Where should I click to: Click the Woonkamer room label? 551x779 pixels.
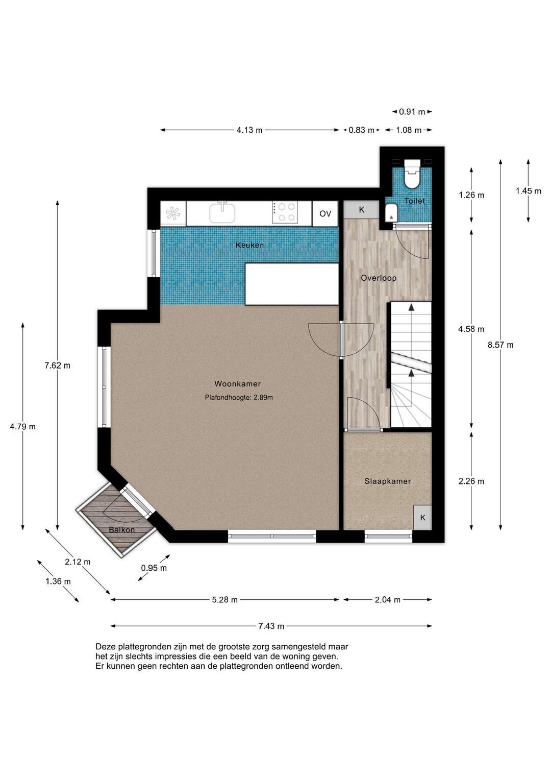237,383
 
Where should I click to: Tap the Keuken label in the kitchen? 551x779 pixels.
249,245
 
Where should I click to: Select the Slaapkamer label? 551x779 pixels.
388,481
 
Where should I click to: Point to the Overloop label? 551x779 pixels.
379,278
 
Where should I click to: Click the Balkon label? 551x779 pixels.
121,530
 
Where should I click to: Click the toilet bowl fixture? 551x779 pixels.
412,174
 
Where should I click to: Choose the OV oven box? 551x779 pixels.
325,213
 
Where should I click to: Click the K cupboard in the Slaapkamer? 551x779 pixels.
422,518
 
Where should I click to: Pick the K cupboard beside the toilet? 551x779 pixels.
362,210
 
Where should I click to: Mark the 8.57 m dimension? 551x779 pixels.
500,345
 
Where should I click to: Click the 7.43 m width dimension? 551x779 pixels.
271,626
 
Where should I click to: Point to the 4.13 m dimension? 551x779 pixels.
249,130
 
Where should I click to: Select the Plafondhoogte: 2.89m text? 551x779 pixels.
239,397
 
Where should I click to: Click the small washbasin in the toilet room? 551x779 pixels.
391,212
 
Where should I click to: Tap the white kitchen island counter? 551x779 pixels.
292,284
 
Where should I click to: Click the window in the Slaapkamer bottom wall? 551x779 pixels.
388,537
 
